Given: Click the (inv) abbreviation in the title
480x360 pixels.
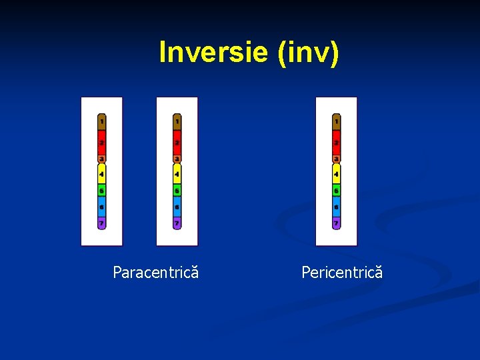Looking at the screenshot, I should [x=307, y=52].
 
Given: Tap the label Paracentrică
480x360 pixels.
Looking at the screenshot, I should [x=155, y=272].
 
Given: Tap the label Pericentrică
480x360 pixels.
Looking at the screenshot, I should [x=342, y=272].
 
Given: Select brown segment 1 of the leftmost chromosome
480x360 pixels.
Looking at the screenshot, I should [x=101, y=123].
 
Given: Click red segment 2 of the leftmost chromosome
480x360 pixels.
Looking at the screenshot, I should [x=101, y=143].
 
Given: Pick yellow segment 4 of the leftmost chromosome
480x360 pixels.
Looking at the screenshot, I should [x=101, y=174].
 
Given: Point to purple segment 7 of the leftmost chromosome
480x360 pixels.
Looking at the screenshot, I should [x=101, y=223].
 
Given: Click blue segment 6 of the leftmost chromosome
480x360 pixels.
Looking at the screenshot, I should [x=101, y=207].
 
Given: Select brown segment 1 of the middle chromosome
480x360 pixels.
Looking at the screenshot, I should [x=177, y=123].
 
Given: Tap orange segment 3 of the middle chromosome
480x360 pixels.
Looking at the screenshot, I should [x=177, y=159].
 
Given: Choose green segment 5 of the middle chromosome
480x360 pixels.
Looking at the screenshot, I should [x=177, y=191].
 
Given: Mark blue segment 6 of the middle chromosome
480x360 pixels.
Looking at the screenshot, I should [x=177, y=207].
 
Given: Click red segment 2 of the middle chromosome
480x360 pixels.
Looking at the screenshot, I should [x=177, y=143].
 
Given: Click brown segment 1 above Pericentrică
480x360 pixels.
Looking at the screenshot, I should [x=336, y=123].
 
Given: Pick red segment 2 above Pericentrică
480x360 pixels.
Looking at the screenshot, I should [x=336, y=143].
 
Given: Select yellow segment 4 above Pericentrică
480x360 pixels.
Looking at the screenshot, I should [x=336, y=174].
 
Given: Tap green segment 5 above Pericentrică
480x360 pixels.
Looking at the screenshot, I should [x=336, y=191].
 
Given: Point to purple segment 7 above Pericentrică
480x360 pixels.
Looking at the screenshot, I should [x=336, y=223].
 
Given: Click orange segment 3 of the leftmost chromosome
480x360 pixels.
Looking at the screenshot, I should [x=101, y=159].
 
